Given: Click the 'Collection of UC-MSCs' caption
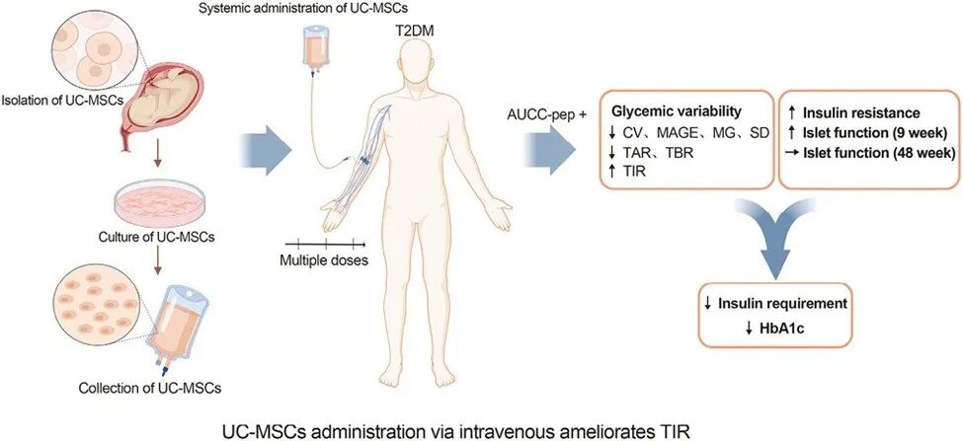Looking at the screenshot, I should tap(147, 384).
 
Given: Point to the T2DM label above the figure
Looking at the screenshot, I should tap(412, 32).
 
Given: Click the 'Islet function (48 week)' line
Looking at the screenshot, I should tap(873, 153).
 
